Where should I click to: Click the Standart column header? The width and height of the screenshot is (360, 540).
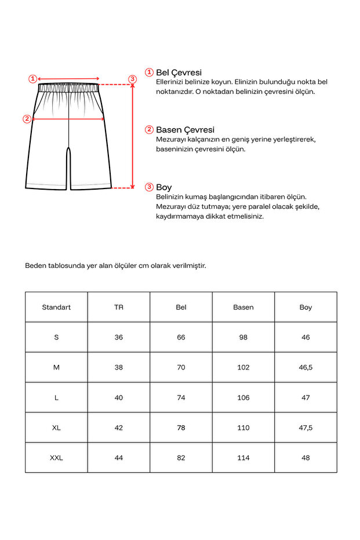[56, 307]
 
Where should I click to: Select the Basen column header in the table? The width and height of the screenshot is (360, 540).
[243, 307]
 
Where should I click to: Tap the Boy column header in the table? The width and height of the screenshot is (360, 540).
[306, 307]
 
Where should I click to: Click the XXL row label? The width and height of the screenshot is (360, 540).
[56, 458]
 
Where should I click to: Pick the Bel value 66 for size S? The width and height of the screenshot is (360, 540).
[181, 337]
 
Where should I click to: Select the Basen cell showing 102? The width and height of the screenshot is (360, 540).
[243, 367]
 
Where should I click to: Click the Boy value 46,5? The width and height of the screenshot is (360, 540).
[306, 367]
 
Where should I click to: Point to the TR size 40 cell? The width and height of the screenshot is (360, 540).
[119, 397]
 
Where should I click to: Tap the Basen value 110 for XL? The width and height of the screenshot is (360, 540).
[243, 427]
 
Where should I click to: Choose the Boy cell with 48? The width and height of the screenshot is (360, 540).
[306, 458]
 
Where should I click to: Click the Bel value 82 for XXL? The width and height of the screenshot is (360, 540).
[181, 458]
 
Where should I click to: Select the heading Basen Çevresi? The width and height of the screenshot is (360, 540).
[185, 129]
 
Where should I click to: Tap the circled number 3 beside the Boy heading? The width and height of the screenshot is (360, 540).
[149, 187]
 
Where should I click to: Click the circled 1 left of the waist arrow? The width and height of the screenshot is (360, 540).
[33, 78]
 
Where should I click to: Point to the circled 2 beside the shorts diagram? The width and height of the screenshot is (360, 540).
[27, 119]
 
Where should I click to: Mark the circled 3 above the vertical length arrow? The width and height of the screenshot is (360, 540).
[132, 79]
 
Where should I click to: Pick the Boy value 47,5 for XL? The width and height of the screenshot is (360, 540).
[306, 427]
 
